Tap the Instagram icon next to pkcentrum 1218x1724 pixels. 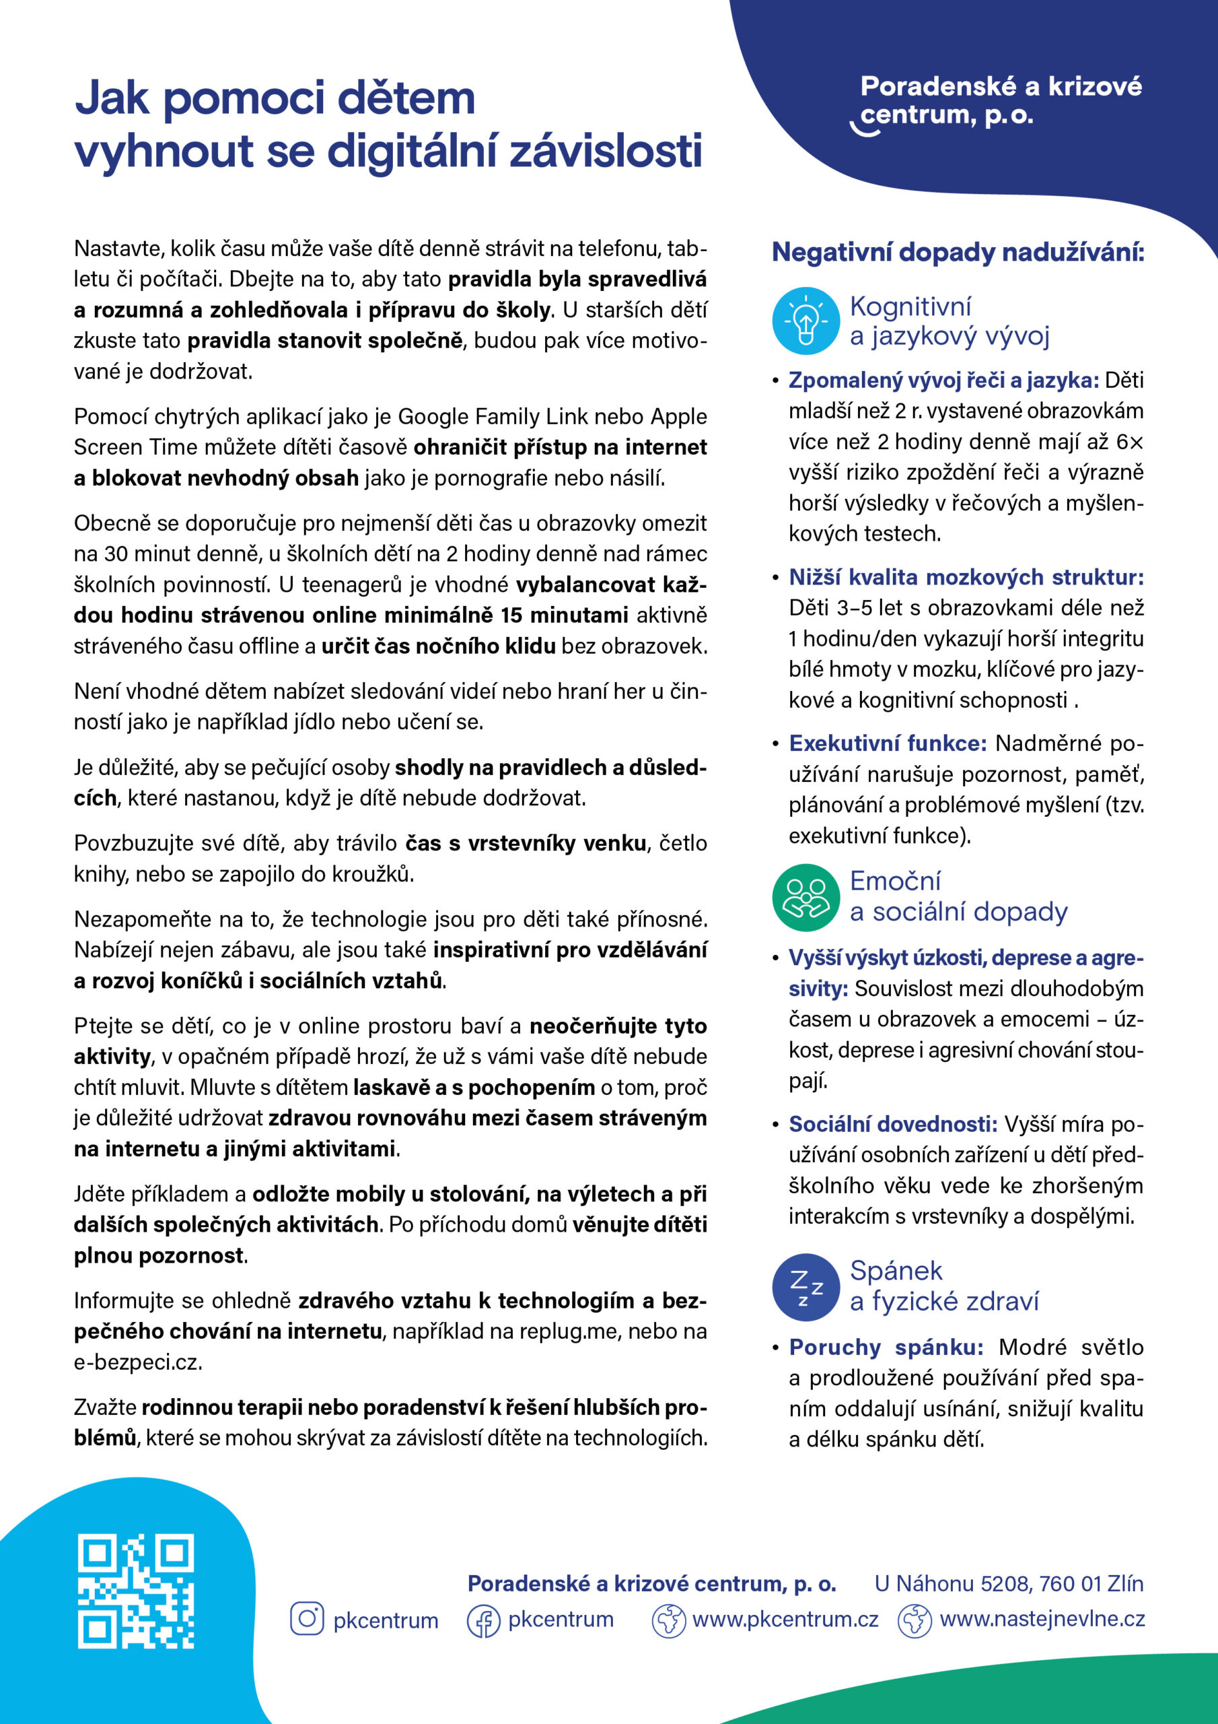click(306, 1619)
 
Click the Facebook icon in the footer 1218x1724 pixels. click(483, 1620)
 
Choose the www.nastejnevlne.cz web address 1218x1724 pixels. click(1042, 1620)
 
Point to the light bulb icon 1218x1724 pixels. click(805, 321)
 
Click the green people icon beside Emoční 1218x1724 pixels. click(805, 896)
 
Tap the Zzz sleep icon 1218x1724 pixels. click(805, 1287)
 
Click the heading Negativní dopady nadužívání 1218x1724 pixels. click(958, 253)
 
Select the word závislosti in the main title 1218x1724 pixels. click(606, 151)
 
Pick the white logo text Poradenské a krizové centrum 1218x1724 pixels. click(1001, 100)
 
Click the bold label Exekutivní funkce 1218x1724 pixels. click(887, 743)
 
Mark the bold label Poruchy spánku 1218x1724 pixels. click(886, 1347)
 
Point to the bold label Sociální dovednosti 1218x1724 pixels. click(892, 1124)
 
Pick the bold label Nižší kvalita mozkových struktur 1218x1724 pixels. click(966, 576)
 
